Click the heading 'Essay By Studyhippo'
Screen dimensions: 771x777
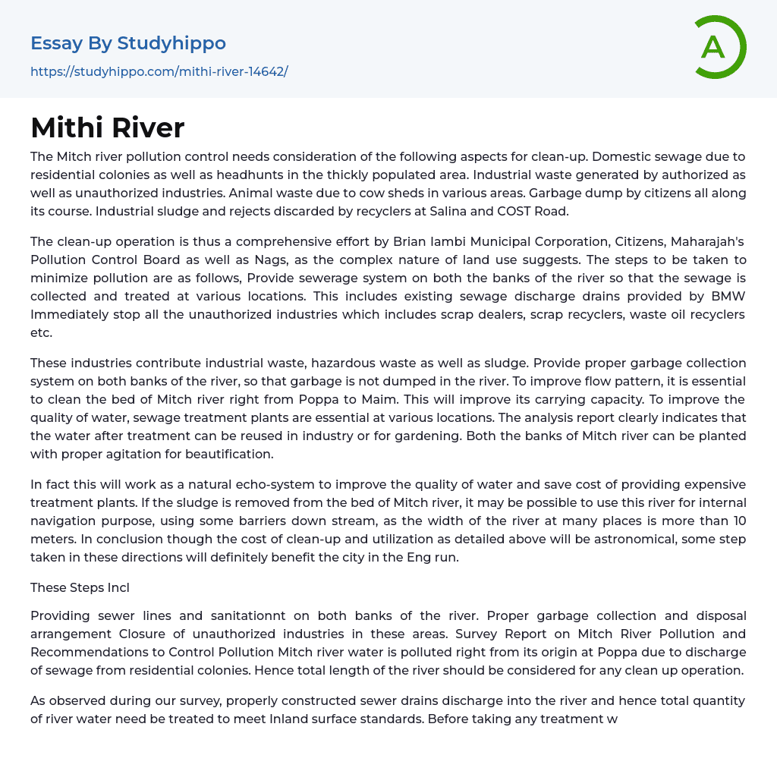(128, 43)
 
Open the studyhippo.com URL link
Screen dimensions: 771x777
(159, 71)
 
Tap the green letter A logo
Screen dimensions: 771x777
(714, 47)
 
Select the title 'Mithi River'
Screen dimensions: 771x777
(107, 127)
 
